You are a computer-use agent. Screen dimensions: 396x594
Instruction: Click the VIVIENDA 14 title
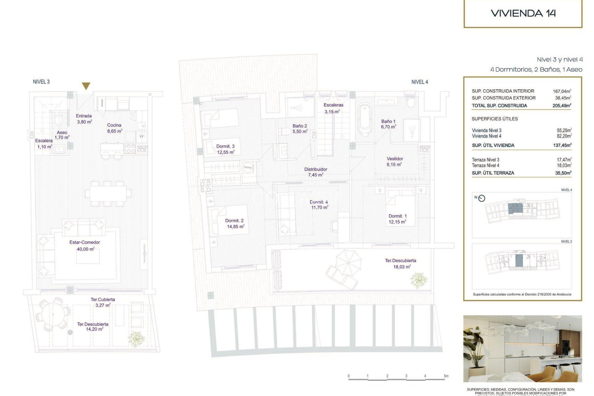pos(523,13)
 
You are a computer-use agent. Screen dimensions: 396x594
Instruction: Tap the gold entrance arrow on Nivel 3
pos(86,86)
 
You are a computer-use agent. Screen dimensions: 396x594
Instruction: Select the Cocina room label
pos(114,125)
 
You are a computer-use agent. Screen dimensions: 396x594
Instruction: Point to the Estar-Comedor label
pos(84,243)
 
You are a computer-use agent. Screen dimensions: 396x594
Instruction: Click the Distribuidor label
pos(316,170)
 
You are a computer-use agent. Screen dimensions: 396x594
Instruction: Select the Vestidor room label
pos(395,159)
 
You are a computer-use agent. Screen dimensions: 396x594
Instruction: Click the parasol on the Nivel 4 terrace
pos(348,263)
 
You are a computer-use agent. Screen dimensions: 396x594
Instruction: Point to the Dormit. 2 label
pos(234,221)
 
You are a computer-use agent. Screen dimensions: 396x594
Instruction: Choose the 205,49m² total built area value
pos(562,105)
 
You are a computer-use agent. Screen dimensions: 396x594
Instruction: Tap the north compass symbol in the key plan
pos(481,198)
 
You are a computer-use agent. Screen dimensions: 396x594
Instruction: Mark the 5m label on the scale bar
pos(446,376)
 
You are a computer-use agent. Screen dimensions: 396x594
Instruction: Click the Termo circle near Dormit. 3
pos(248,167)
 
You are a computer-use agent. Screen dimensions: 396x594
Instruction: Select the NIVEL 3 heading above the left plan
pos(41,82)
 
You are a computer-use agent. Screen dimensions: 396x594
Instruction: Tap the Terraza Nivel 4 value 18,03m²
pos(564,166)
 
